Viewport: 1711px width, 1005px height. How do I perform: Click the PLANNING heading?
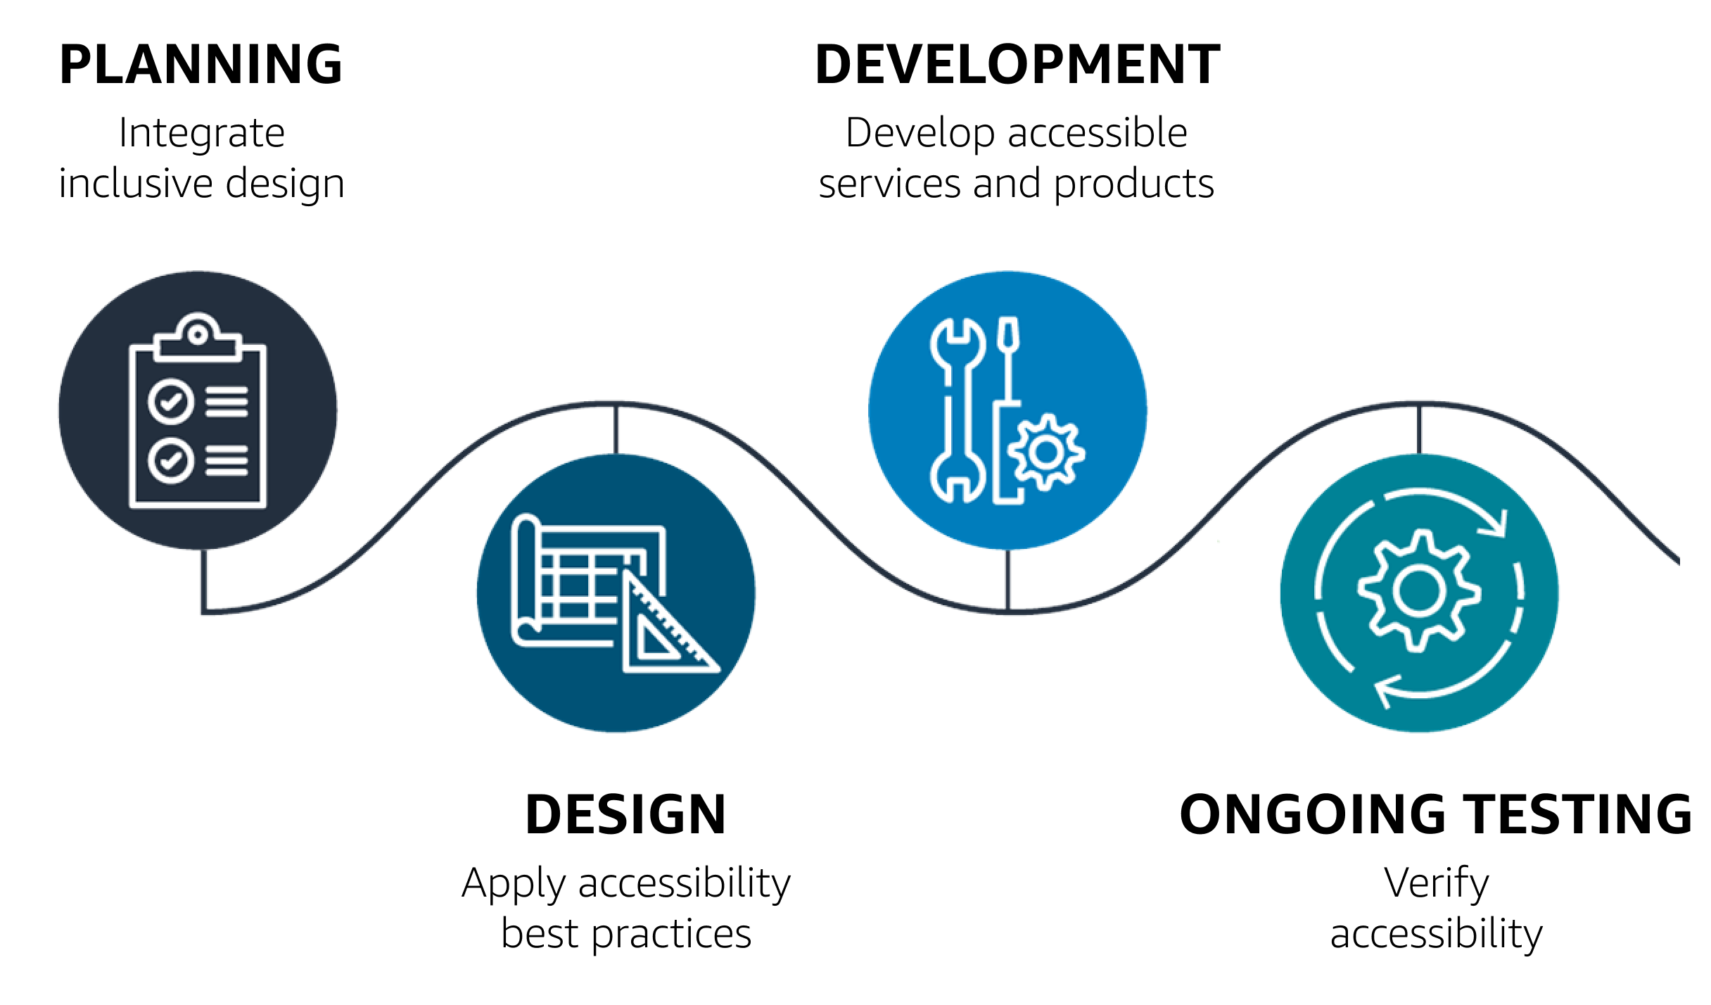click(201, 65)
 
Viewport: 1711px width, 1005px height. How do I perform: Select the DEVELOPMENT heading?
click(1017, 65)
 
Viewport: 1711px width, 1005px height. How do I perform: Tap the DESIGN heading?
click(625, 815)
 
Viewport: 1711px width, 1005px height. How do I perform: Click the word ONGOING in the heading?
click(1312, 815)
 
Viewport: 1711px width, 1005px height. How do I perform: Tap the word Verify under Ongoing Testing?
click(1436, 883)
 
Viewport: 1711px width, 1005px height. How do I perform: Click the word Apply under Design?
click(514, 884)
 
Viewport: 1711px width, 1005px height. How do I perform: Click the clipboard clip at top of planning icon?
click(198, 338)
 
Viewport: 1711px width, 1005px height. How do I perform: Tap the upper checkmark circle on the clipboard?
click(170, 402)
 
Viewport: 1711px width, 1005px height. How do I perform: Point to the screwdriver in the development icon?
click(1008, 366)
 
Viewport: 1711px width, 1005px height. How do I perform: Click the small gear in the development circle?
click(1046, 453)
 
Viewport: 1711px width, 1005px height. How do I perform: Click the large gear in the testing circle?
click(1418, 591)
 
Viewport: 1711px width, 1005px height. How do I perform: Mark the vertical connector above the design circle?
click(616, 429)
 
